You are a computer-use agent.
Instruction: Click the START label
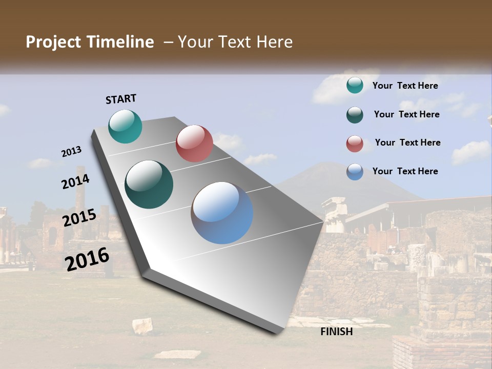pos(121,99)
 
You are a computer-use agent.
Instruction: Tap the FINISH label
pos(336,332)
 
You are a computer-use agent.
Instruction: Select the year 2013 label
pos(71,152)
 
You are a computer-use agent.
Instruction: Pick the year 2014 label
pos(75,181)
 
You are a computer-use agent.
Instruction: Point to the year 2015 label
pos(79,218)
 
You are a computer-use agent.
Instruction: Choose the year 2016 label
pos(87,259)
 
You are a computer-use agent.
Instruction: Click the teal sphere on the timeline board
pos(125,126)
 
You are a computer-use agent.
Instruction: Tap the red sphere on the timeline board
pos(194,143)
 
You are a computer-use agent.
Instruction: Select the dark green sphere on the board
pos(149,184)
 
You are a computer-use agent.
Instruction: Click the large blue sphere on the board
pos(222,213)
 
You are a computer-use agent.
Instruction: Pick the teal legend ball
pos(355,85)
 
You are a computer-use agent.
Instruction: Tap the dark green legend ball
pos(355,115)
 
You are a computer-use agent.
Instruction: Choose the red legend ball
pos(355,143)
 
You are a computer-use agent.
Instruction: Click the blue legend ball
pos(355,172)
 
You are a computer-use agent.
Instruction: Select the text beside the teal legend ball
pos(405,86)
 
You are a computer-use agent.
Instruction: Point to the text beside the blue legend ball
pos(405,171)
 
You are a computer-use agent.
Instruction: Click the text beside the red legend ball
pos(407,142)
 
